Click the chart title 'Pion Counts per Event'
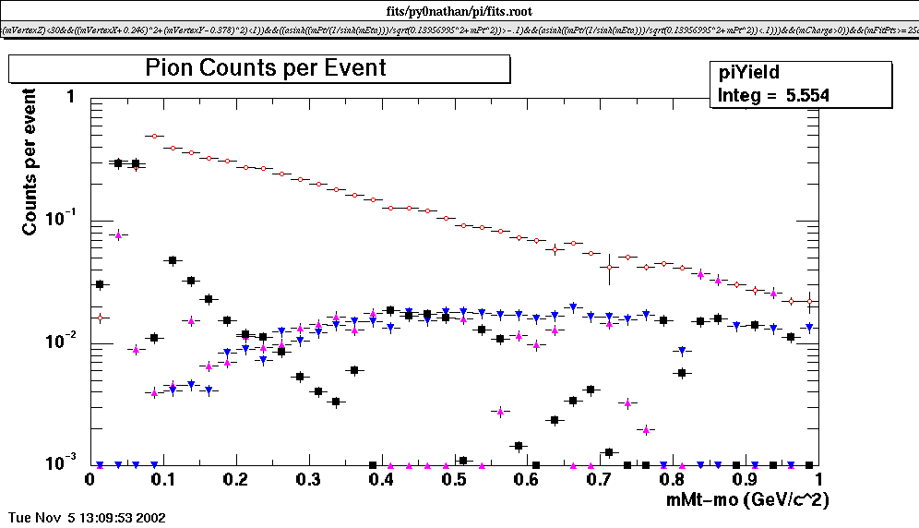[x=266, y=68]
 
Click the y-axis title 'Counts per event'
[x=30, y=162]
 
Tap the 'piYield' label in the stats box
[x=750, y=73]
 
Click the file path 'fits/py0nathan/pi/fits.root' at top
[x=459, y=11]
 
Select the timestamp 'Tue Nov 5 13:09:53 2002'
[x=87, y=517]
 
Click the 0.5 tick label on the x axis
[x=453, y=480]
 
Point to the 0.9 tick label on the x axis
[x=744, y=480]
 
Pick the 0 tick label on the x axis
[x=89, y=480]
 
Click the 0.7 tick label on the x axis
[x=599, y=480]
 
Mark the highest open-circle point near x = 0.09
[x=154, y=136]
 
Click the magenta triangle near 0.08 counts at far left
[x=117, y=235]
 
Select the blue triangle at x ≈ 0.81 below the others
[x=682, y=351]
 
